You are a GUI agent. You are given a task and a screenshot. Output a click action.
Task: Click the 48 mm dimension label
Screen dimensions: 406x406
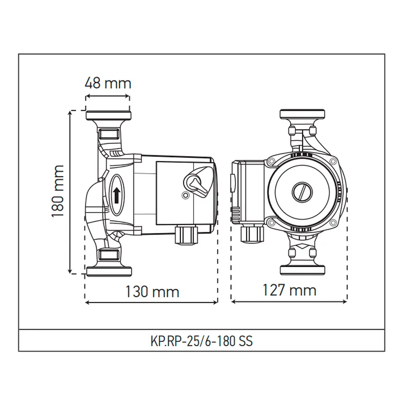(x=108, y=83)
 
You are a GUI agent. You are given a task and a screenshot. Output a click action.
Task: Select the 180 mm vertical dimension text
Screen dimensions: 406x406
(x=58, y=192)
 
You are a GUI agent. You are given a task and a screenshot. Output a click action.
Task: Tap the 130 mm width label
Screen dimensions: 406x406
(x=152, y=291)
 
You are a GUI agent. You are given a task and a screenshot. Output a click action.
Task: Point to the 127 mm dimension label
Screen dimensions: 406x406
(x=289, y=290)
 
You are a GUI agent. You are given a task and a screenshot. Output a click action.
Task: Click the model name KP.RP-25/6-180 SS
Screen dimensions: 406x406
(x=201, y=341)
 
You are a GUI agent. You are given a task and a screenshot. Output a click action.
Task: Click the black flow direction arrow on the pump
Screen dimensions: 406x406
(x=116, y=195)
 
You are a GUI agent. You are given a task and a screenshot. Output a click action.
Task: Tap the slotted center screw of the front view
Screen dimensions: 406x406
(x=301, y=193)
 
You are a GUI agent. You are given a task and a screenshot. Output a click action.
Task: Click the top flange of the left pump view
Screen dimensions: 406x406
(x=108, y=115)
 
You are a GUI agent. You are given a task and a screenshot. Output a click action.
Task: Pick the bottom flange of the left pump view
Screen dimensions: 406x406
(x=108, y=271)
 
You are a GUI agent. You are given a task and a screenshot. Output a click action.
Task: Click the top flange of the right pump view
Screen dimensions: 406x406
(x=302, y=114)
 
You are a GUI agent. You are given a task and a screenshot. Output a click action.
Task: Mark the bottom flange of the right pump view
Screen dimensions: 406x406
(x=302, y=270)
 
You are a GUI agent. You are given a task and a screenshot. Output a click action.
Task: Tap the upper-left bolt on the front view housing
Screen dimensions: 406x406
(x=272, y=161)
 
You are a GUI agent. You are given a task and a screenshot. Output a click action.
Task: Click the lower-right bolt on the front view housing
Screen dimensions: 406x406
(x=332, y=222)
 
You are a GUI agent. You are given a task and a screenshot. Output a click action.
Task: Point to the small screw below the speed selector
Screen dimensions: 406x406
(x=185, y=195)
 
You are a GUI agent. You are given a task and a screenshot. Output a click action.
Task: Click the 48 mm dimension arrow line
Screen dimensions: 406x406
(x=108, y=97)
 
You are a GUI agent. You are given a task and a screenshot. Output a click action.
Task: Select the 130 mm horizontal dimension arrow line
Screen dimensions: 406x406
(x=152, y=302)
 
